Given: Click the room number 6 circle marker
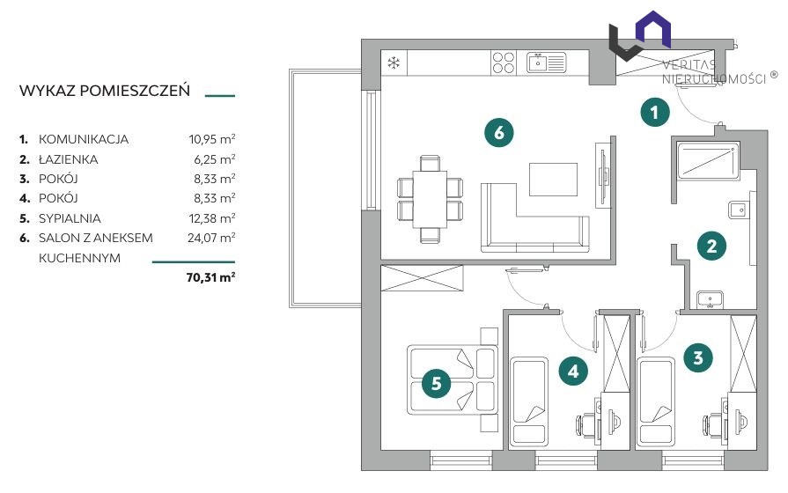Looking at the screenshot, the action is click(498, 133).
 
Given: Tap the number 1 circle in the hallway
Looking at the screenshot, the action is click(655, 112).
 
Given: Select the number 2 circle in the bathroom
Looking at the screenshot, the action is click(711, 246).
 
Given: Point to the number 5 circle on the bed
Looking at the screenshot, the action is click(436, 384).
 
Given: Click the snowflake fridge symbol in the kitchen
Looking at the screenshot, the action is click(394, 63).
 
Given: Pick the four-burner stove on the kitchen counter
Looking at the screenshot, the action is click(503, 63).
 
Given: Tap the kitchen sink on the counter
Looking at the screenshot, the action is click(546, 63).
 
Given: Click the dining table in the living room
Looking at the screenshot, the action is click(430, 199).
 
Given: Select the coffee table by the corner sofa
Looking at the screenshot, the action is click(553, 180).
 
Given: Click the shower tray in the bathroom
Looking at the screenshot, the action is click(709, 160).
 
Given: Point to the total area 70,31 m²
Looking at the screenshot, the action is click(210, 277).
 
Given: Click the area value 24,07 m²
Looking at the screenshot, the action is click(211, 237).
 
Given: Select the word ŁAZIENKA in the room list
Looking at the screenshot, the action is click(69, 159).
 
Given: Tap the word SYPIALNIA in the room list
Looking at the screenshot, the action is click(70, 218).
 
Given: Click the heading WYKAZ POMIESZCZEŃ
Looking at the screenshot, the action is click(105, 91).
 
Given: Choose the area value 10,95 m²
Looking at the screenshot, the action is click(212, 139).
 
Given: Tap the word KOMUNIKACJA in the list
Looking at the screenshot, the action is click(84, 139).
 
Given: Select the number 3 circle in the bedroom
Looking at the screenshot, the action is click(698, 357).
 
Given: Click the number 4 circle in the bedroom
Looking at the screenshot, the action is click(573, 371).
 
